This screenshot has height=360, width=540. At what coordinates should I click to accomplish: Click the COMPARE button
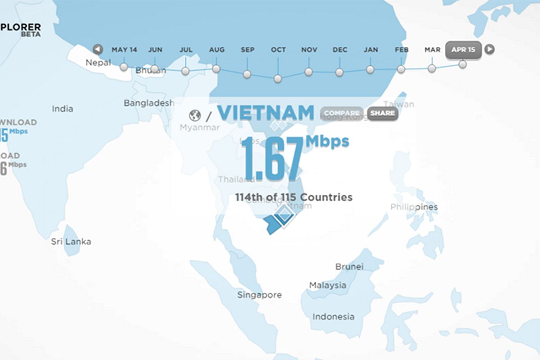(x=342, y=113)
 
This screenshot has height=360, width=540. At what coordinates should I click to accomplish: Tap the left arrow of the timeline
(x=97, y=49)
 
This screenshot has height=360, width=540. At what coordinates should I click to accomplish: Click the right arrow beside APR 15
(x=490, y=49)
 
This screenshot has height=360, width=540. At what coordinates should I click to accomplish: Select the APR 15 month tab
(x=463, y=49)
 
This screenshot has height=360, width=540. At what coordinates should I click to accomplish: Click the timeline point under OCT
(x=278, y=79)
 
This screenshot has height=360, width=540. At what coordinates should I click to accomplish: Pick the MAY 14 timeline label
(x=124, y=49)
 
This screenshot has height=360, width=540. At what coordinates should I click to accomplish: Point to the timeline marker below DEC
(x=339, y=72)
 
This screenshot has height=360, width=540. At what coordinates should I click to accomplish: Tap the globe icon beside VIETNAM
(x=195, y=116)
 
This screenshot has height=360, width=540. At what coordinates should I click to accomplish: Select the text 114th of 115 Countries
(x=293, y=197)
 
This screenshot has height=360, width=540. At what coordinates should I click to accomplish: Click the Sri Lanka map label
(x=71, y=242)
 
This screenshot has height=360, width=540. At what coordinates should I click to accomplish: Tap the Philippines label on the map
(x=414, y=207)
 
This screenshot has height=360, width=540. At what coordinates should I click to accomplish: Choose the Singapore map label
(x=259, y=295)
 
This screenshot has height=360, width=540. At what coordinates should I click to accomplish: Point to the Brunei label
(x=349, y=266)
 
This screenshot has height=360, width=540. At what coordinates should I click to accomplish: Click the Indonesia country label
(x=333, y=317)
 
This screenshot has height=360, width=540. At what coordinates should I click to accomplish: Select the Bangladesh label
(x=149, y=103)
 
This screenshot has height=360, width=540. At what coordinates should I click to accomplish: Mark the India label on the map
(x=63, y=108)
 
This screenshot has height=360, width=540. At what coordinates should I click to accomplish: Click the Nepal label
(x=98, y=63)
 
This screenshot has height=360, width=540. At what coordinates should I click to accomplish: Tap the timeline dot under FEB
(x=401, y=69)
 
